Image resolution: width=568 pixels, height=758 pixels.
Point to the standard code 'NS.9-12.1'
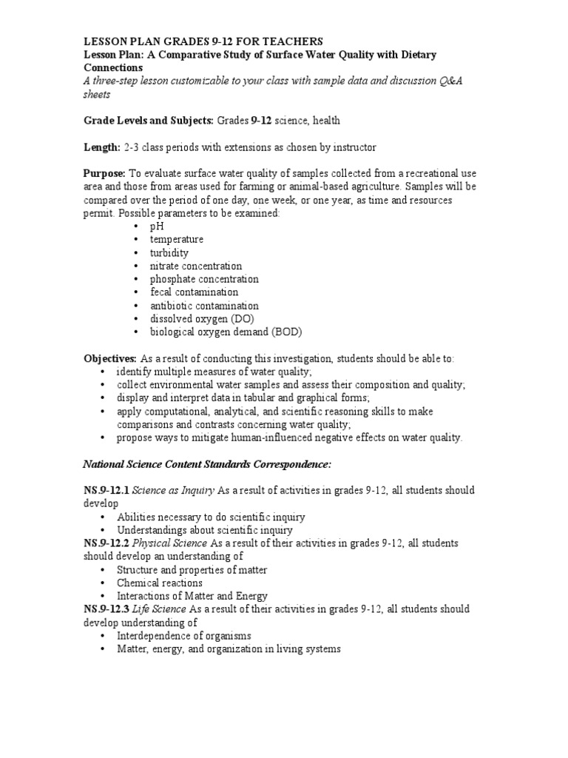107,491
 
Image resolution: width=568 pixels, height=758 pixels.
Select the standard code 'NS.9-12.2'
107,543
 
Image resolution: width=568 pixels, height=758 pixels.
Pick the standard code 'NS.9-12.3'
107,609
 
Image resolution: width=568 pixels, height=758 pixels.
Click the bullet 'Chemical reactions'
159,583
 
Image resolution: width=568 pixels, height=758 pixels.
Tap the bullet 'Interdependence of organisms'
184,636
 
